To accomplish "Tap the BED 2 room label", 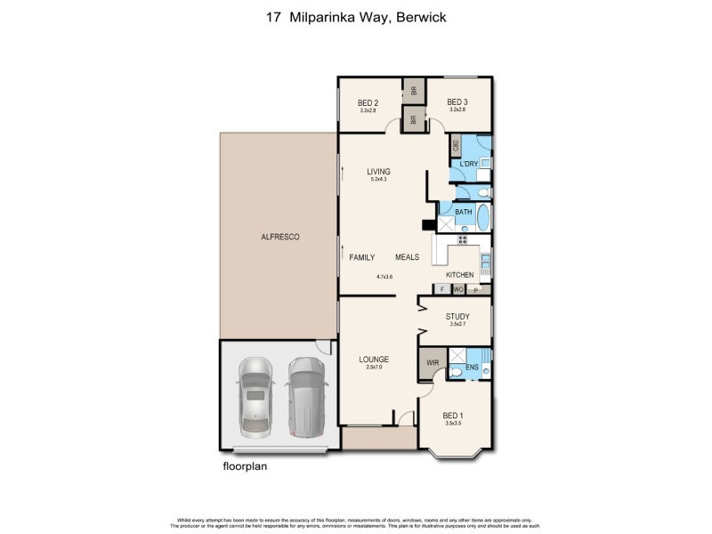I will pos(368,102).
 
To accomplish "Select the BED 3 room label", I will pos(457,101).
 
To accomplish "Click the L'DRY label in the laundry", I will pos(469,164).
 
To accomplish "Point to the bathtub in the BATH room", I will pos(483,218).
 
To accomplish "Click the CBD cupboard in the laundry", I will pos(456,145).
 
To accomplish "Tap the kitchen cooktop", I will pos(462,239).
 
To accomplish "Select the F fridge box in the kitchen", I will pos(441,289).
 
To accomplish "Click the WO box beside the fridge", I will pos(457,289).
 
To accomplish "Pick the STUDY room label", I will pos(457,316).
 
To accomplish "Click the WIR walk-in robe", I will pos(433,363).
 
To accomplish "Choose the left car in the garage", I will pos(255,398).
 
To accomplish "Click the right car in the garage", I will pos(305,398).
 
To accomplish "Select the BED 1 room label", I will pos(453,416).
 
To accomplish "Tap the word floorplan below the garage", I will pos(245,465).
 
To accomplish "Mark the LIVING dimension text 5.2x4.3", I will pos(379,181).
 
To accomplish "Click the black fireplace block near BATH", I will pos(427,225).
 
